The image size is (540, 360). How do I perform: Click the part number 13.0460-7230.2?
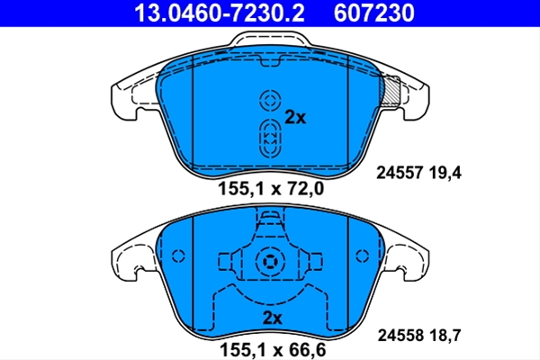[x=220, y=13]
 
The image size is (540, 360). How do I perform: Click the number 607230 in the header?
[x=374, y=13]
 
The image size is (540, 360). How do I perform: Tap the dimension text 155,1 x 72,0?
[x=271, y=189]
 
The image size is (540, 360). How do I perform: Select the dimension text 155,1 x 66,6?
[x=273, y=350]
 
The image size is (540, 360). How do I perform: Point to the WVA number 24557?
[x=400, y=173]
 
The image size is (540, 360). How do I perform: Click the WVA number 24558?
[x=400, y=335]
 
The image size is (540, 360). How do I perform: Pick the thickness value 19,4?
[x=445, y=173]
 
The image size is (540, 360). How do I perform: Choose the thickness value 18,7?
[x=445, y=335]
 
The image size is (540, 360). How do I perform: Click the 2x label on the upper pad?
[x=295, y=118]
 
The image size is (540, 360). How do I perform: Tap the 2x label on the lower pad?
[x=272, y=318]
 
